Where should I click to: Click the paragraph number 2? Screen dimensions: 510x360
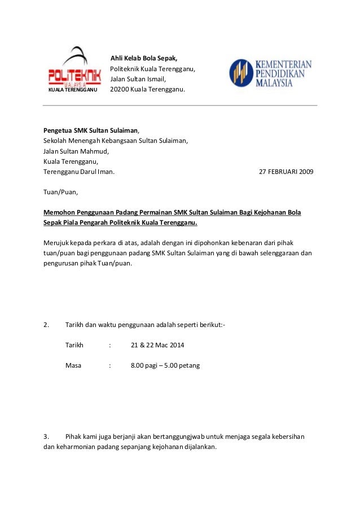(46, 325)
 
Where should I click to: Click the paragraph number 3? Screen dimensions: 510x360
(46, 437)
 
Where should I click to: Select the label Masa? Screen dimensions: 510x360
(73, 365)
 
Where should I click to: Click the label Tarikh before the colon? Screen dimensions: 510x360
(74, 345)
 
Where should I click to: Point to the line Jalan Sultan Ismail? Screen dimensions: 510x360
(138, 79)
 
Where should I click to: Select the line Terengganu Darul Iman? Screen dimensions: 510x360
(79, 172)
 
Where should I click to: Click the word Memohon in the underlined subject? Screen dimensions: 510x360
(60, 212)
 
